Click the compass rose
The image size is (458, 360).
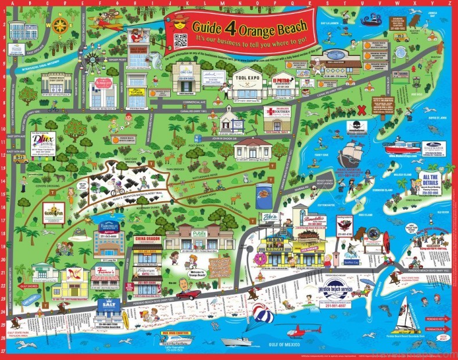point(60,24)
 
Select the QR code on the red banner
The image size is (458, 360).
point(181,40)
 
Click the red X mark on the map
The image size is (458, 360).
point(362,109)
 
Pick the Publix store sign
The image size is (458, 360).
point(199,233)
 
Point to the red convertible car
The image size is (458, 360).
point(189,295)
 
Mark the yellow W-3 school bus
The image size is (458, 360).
point(401,38)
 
